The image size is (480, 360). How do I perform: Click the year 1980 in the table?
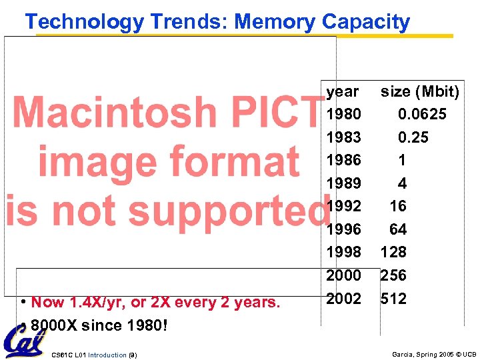pos(343,115)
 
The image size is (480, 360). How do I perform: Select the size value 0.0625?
pos(422,115)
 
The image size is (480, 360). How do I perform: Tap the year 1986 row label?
pos(343,161)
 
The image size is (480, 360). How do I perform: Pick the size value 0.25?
pos(413,137)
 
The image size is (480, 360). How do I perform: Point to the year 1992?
pos(343,207)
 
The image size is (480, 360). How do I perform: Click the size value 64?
pos(398,229)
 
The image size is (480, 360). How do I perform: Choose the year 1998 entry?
pos(343,252)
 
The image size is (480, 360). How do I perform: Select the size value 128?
pos(393,252)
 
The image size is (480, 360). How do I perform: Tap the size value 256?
pos(393,275)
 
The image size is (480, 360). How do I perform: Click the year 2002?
pos(343,298)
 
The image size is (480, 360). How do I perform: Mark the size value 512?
pos(393,298)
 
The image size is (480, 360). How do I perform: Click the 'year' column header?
pos(342,91)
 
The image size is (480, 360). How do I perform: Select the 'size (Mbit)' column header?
pos(419,91)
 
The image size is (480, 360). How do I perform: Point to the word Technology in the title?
pos(84,22)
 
